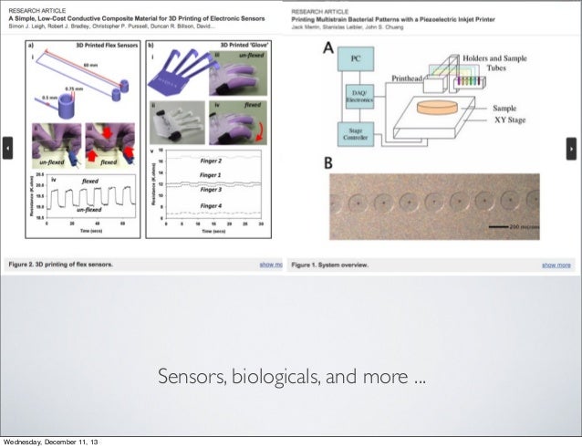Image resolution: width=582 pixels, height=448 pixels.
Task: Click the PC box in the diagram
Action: pyautogui.click(x=356, y=58)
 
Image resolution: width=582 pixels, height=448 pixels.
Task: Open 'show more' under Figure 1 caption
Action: pyautogui.click(x=556, y=265)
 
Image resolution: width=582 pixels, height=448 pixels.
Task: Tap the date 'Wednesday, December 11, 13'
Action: pyautogui.click(x=53, y=442)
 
